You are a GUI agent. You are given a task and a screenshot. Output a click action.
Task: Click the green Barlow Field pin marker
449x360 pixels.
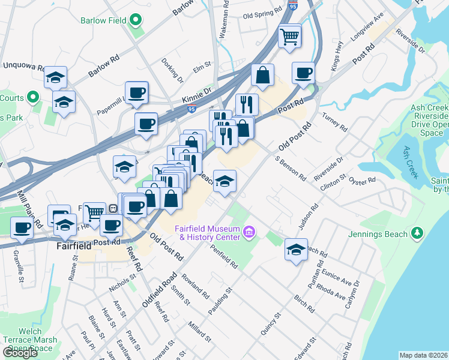point(136,20)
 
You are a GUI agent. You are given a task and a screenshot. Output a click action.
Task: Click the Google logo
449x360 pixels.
point(20,353)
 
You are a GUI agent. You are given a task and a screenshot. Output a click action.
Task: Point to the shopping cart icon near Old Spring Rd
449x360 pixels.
point(290,37)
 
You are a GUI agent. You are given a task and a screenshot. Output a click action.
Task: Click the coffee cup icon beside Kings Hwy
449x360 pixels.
point(303,73)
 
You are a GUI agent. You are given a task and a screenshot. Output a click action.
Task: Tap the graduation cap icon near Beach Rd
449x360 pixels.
point(296,250)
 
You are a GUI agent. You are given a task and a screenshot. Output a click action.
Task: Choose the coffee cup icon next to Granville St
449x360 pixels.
point(22,228)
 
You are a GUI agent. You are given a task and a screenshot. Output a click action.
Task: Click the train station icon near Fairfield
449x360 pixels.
point(112,208)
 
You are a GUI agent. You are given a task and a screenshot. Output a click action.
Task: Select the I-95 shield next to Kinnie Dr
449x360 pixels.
point(191,109)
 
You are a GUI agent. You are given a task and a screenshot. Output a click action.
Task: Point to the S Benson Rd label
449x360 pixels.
point(291,169)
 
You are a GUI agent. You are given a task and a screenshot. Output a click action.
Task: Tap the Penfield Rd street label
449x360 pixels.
point(226,255)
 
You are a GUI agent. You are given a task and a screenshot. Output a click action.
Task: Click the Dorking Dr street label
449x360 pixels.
point(172,70)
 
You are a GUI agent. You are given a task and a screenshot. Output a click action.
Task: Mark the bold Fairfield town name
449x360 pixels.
point(73,246)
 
